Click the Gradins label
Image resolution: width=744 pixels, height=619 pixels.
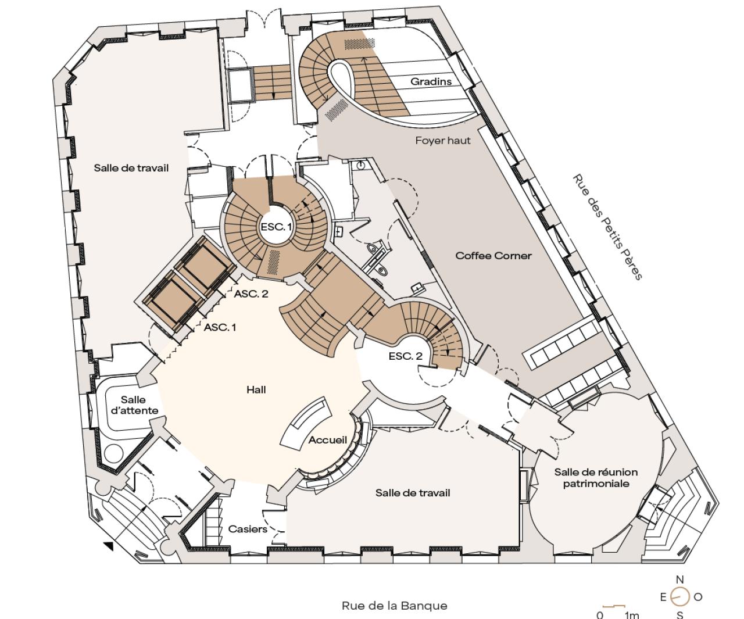tap(431, 81)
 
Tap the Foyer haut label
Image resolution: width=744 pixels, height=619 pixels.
tap(443, 141)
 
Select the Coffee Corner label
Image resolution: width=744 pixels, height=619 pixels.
tap(493, 256)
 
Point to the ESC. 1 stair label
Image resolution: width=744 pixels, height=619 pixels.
tap(276, 227)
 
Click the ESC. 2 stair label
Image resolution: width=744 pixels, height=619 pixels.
tap(406, 356)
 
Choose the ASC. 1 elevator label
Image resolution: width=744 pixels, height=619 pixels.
tap(220, 327)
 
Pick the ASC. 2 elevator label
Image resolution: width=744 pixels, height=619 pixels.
tap(251, 294)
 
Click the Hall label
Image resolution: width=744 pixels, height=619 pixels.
tap(256, 389)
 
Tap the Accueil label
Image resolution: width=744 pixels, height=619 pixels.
tap(327, 440)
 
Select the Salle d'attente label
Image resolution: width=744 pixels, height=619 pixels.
tap(134, 405)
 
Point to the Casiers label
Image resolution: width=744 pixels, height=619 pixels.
tap(248, 529)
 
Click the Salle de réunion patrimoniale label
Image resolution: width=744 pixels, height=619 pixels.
tap(596, 478)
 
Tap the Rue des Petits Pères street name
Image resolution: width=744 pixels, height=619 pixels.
tap(607, 227)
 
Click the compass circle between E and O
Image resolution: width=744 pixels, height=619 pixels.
tap(680, 596)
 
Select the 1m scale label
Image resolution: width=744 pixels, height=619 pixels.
tap(632, 615)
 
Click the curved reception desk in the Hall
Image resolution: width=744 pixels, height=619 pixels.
tap(305, 423)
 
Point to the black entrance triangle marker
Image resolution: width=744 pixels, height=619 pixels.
tap(108, 546)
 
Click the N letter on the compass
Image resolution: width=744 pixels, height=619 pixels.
tap(680, 580)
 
